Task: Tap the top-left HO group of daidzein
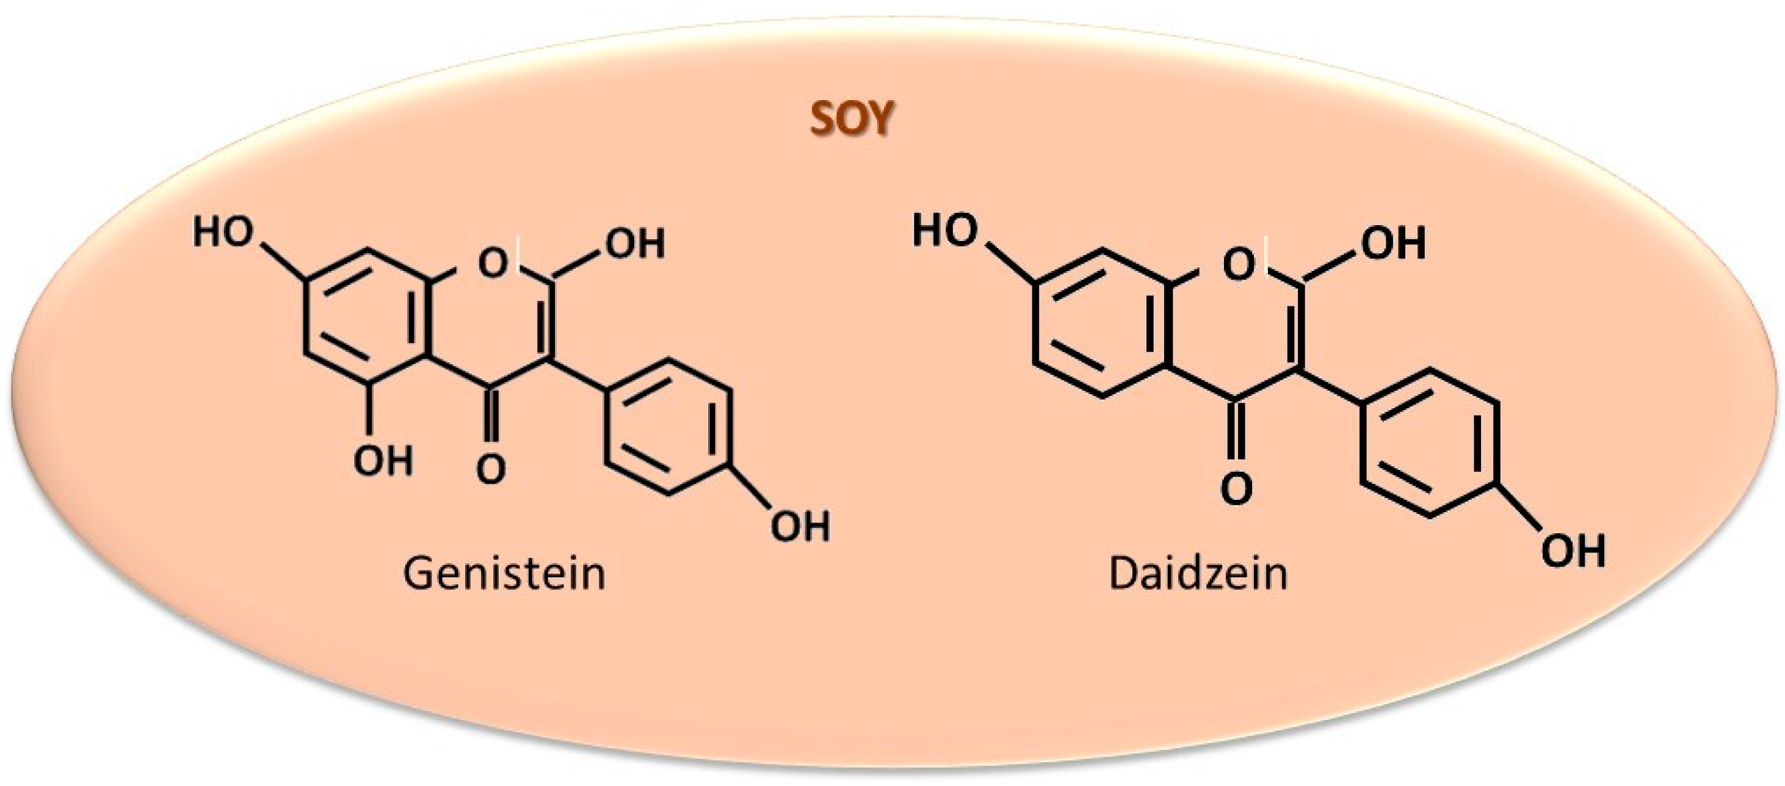tap(944, 229)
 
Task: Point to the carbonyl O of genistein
tap(491, 469)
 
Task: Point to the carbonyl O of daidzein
tap(1237, 489)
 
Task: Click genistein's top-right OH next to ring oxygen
tap(635, 243)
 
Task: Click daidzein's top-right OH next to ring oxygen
tap(1394, 243)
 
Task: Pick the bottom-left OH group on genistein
tap(383, 461)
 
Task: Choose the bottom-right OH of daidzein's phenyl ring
tap(1573, 552)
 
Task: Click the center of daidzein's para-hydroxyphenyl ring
tap(1430, 442)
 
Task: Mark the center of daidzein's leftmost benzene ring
tap(1102, 323)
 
